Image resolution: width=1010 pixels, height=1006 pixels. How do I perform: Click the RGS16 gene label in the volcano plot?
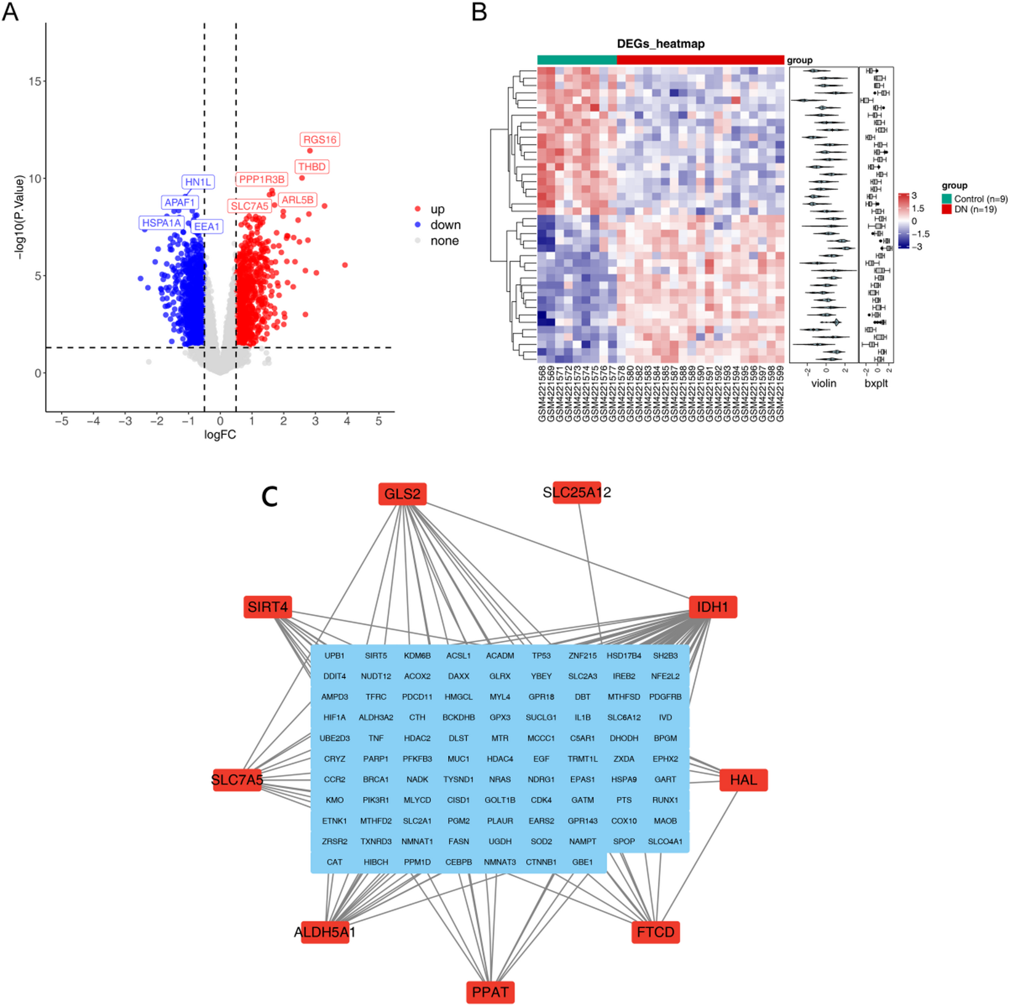click(320, 140)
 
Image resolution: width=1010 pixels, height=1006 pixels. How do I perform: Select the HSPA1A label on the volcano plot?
click(161, 223)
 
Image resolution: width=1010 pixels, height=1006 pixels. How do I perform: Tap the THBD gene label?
click(312, 167)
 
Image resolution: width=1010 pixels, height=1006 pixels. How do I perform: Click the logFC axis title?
click(220, 435)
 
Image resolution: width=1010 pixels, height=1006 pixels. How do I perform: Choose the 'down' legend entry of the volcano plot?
click(445, 225)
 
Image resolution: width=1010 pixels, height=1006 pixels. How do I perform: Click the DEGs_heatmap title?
click(660, 44)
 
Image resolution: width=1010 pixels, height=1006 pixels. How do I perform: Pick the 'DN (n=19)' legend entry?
click(975, 209)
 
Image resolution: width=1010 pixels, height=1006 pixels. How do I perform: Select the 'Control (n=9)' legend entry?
click(980, 199)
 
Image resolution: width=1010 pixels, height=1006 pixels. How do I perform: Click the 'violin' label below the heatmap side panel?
click(824, 383)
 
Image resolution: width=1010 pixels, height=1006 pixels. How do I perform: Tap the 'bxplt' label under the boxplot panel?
click(876, 383)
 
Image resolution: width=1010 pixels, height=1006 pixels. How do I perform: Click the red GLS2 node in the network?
click(403, 494)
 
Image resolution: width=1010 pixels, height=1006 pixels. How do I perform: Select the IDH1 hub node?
click(712, 607)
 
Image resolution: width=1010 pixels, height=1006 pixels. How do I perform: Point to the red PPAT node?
click(490, 992)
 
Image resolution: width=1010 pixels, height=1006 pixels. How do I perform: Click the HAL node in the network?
click(743, 780)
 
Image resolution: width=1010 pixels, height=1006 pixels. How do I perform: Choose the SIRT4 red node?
click(268, 607)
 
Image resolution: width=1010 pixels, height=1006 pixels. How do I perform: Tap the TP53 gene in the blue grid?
click(541, 656)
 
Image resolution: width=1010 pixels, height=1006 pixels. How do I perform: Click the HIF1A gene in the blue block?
click(334, 717)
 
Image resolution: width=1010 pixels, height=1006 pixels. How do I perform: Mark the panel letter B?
click(479, 12)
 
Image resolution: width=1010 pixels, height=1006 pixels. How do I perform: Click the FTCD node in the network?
click(655, 932)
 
